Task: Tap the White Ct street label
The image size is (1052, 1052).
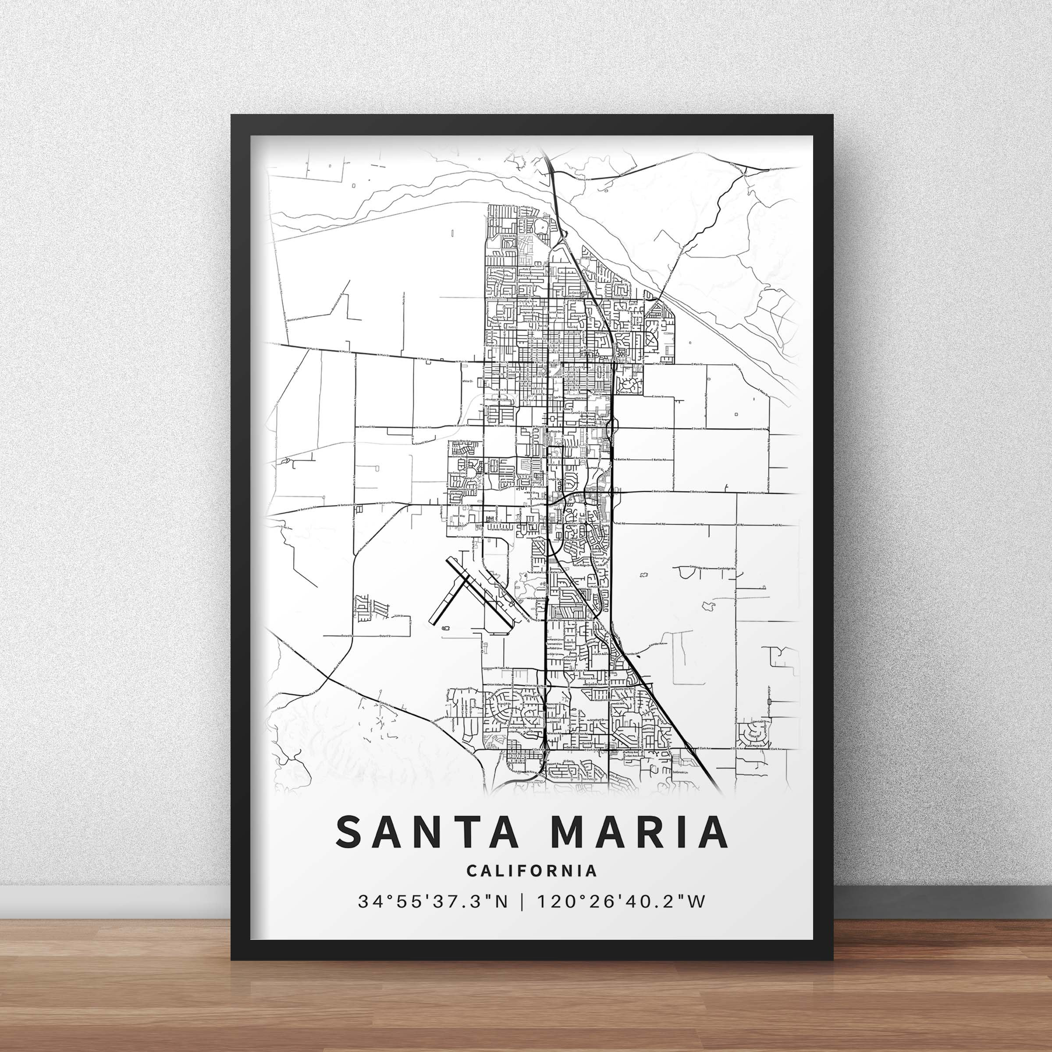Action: (x=467, y=382)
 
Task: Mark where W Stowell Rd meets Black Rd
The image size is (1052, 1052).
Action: (x=355, y=427)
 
